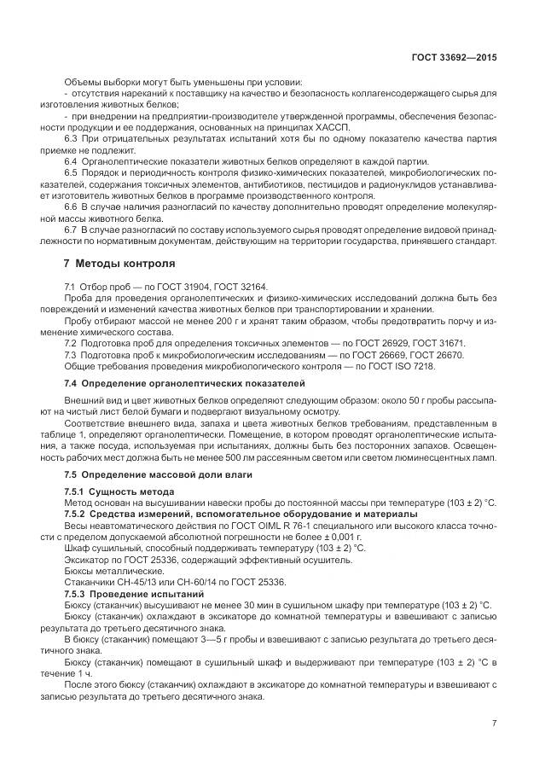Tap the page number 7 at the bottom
point(494,724)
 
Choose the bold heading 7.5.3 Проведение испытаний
point(134,592)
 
